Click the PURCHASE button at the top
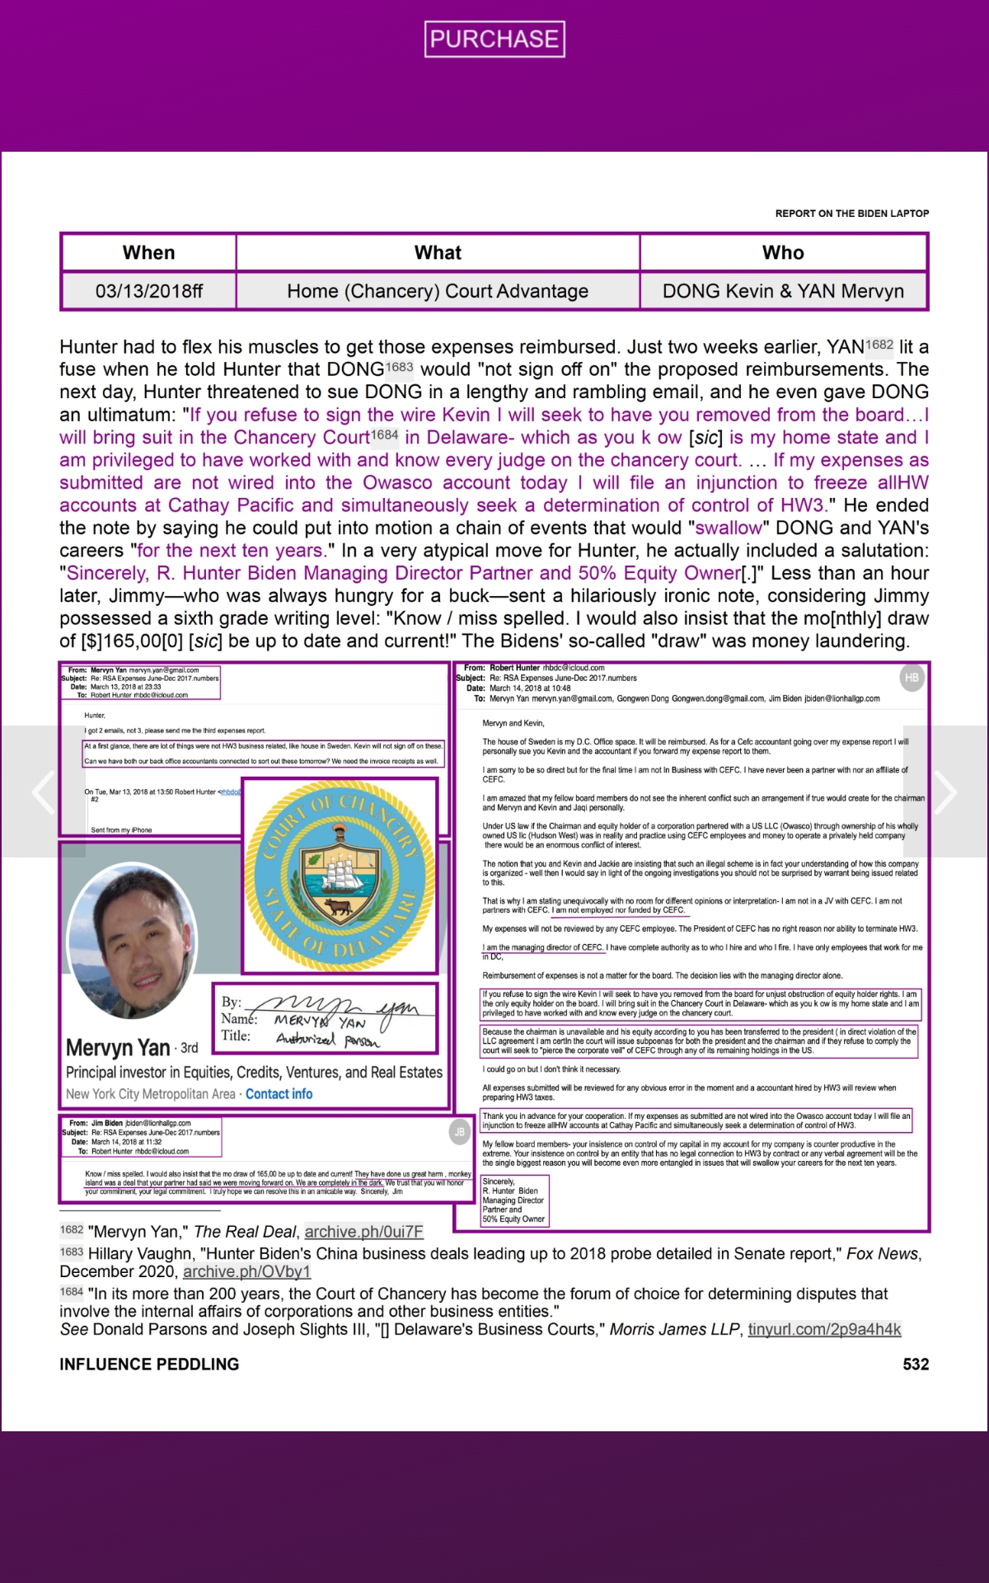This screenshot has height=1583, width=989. coord(494,39)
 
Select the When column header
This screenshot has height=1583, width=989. coord(148,253)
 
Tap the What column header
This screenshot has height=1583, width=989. coord(438,253)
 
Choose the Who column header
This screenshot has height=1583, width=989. coord(783,253)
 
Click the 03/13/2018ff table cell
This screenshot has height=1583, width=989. coord(148,291)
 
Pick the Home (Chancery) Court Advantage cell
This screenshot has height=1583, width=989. coord(438,291)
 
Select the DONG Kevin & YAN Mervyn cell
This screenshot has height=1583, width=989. coord(783,291)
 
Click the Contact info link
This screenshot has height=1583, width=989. coord(279,1094)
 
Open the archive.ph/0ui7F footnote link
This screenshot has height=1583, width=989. coord(363,1232)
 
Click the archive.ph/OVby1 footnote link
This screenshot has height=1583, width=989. coord(246,1271)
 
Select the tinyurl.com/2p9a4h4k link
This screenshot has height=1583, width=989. coord(824,1329)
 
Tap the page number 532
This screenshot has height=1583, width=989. coord(916,1365)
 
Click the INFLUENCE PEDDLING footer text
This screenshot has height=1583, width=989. coord(149,1365)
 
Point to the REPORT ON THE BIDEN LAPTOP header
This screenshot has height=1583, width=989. coord(851,214)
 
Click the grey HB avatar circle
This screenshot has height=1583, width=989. coord(912,678)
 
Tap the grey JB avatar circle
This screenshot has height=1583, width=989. coord(459,1132)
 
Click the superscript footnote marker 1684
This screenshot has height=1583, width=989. coord(384,435)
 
